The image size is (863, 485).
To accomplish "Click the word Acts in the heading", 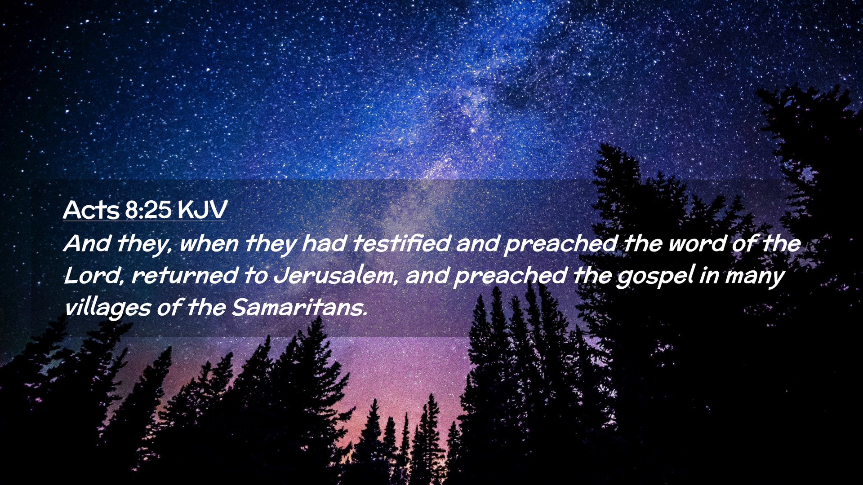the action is point(91,210).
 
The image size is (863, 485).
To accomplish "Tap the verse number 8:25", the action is point(148,210).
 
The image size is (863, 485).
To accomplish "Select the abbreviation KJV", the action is point(203,210).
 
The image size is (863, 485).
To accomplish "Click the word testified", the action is point(401,243).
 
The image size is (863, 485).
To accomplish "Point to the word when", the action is point(209,244).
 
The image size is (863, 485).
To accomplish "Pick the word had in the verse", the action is point(324,243).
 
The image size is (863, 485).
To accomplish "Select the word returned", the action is point(185,276).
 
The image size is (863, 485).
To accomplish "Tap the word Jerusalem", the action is point(335,276).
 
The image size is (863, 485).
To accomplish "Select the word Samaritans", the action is point(298,308).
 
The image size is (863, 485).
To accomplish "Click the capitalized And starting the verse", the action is point(88,243).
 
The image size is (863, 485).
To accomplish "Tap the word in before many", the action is point(709,276).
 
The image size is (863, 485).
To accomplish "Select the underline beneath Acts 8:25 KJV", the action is point(145,221).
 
